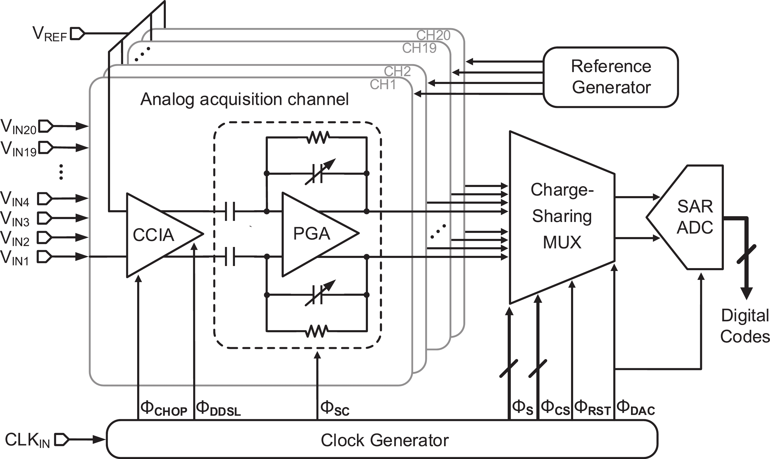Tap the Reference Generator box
[611, 77]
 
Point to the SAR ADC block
[693, 217]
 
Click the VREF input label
[50, 34]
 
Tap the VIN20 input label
[19, 127]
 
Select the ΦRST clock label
[592, 408]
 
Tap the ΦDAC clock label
[636, 408]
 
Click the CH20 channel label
[433, 35]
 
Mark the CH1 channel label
[383, 84]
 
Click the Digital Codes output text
[745, 326]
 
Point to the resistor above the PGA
[318, 138]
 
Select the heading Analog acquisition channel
[244, 100]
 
